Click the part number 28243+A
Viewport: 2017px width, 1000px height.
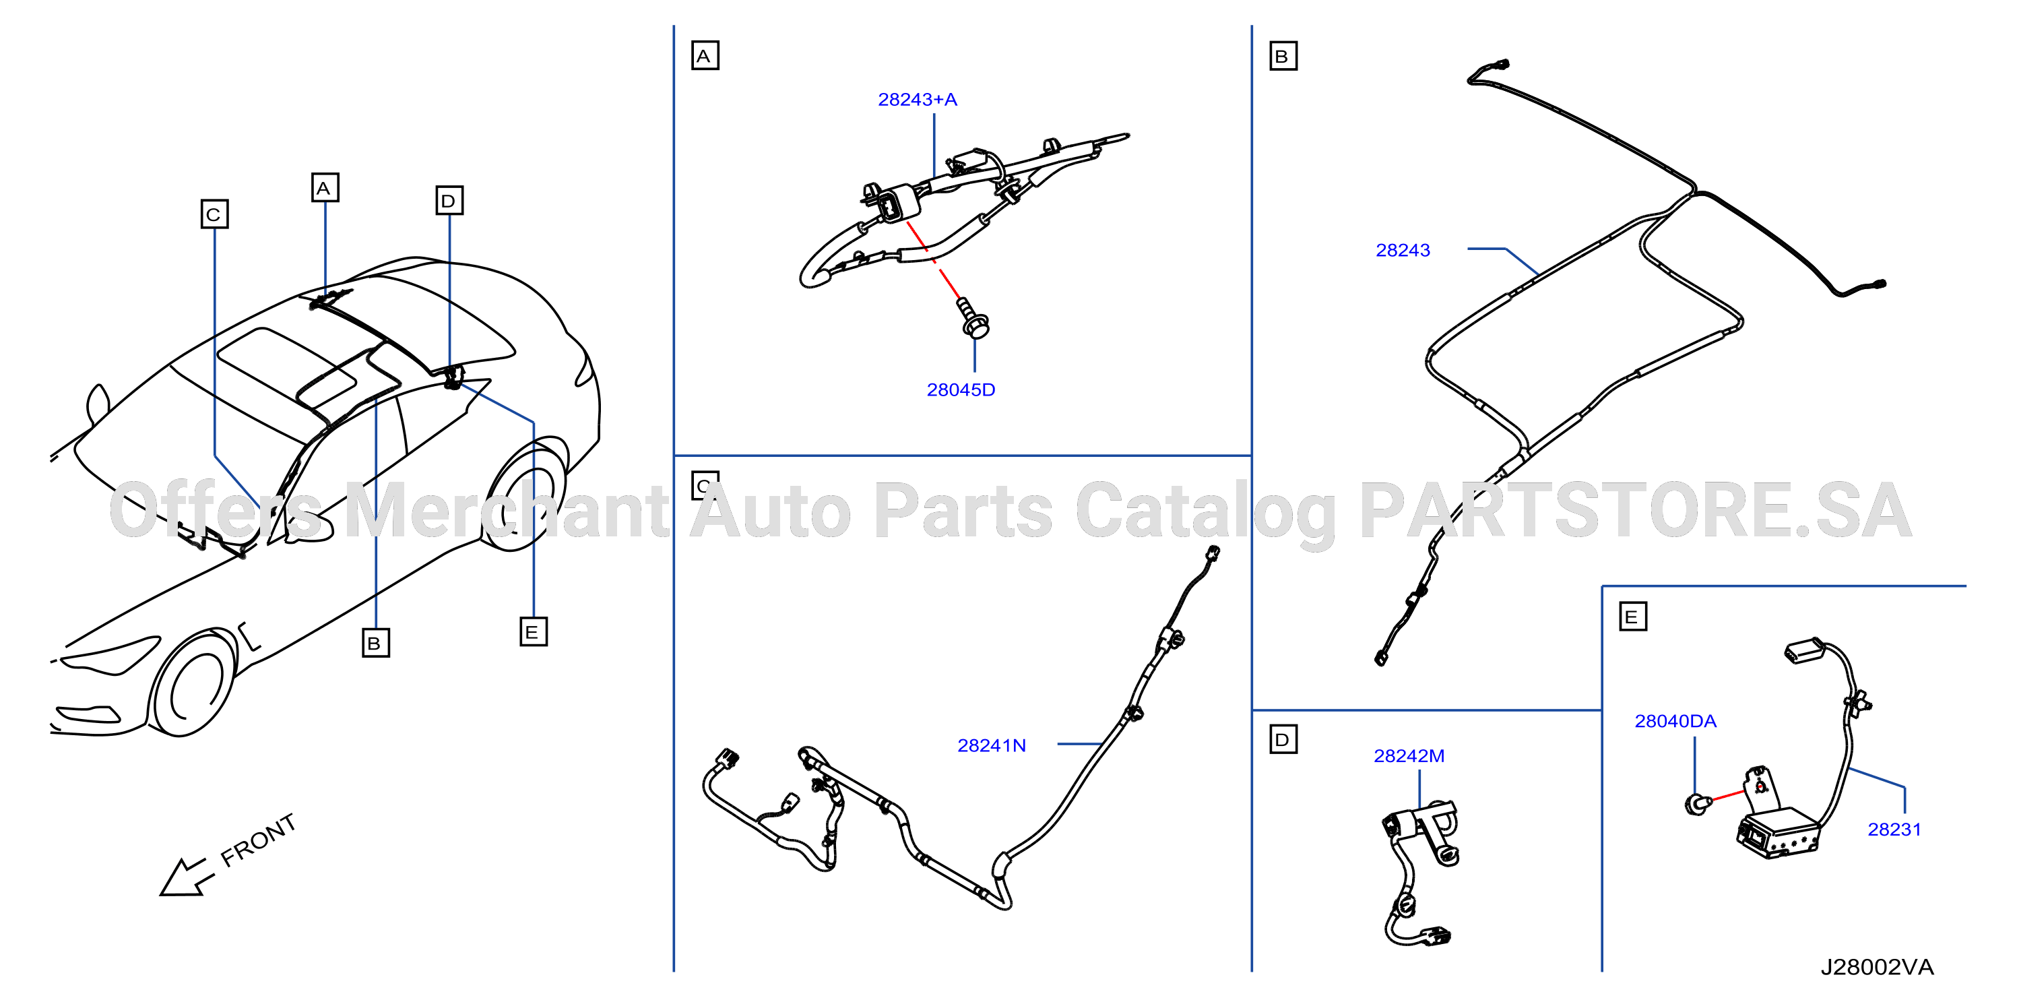[x=917, y=100]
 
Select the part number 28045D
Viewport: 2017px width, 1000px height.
[x=961, y=389]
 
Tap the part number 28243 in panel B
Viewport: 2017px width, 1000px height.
[x=1403, y=250]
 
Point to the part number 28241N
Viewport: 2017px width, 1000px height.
[x=991, y=745]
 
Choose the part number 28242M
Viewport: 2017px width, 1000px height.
[x=1409, y=755]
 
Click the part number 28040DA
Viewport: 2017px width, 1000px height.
[x=1675, y=720]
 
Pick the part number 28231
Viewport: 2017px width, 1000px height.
[x=1894, y=829]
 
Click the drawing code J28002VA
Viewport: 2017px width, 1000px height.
[x=1877, y=966]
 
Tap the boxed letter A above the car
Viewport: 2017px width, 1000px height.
[x=325, y=188]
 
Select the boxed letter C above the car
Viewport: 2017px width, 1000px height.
[x=214, y=214]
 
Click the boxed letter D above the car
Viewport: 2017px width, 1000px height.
[x=449, y=200]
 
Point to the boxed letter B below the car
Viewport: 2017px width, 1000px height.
[x=376, y=643]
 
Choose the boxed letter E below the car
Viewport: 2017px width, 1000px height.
[x=534, y=631]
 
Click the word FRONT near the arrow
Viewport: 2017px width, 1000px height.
[x=259, y=840]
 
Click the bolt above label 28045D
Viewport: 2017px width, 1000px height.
[x=973, y=318]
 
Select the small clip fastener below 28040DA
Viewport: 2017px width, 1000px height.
[x=1696, y=803]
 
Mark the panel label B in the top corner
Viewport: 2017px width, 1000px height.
[x=1283, y=56]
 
